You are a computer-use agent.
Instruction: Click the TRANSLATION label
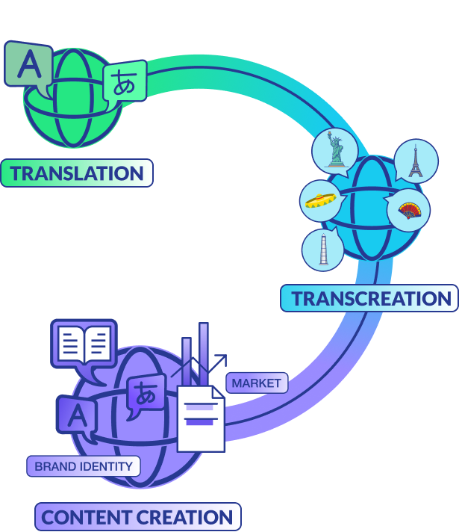pyautogui.click(x=77, y=173)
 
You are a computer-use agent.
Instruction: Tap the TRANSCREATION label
pyautogui.click(x=370, y=298)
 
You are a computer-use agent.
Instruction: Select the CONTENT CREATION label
pyautogui.click(x=137, y=516)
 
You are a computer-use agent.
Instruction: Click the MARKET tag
pyautogui.click(x=256, y=383)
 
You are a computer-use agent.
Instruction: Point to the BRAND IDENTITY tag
pyautogui.click(x=83, y=466)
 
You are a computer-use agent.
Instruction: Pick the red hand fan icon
pyautogui.click(x=408, y=211)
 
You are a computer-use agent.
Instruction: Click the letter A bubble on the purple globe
pyautogui.click(x=75, y=415)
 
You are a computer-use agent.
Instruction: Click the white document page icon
pyautogui.click(x=200, y=420)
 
